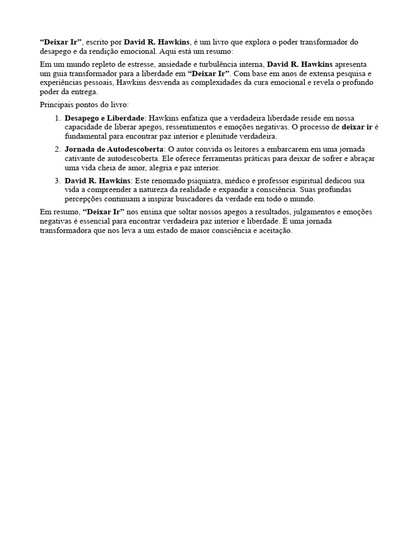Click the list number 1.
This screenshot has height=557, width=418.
click(57, 117)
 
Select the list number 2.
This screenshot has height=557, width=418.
click(57, 148)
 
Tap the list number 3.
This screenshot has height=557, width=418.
click(57, 180)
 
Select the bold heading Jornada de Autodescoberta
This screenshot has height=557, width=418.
click(114, 148)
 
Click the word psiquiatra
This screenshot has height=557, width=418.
click(195, 180)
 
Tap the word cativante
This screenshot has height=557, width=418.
click(81, 158)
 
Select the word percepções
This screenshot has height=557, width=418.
click(83, 199)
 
